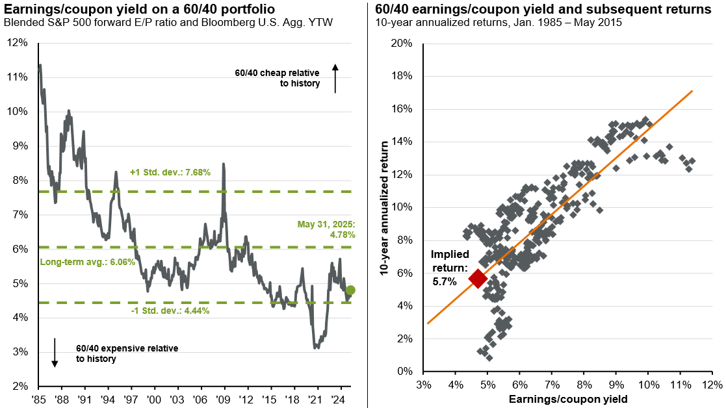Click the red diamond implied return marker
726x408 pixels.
(478, 279)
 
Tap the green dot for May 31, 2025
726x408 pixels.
(350, 290)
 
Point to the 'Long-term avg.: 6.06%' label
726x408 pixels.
(77, 262)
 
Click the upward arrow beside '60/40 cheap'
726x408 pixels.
(335, 78)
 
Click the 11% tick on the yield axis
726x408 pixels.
(680, 385)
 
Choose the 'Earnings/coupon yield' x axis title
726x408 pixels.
(567, 399)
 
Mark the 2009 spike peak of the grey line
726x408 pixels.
(224, 164)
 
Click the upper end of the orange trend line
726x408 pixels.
(692, 91)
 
